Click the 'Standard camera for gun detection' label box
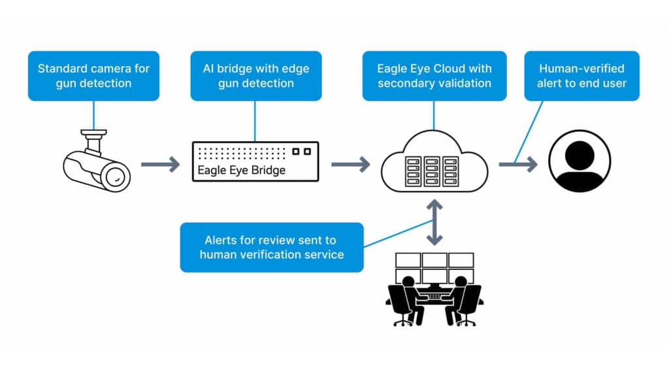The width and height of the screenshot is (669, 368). (93, 76)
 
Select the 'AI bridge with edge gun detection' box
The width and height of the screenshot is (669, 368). (255, 76)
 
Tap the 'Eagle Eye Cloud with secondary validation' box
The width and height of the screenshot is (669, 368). (434, 76)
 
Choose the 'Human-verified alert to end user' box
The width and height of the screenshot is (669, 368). (581, 76)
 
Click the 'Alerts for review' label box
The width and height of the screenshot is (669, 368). (272, 247)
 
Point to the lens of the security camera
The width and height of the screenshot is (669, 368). (116, 175)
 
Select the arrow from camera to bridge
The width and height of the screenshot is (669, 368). (160, 164)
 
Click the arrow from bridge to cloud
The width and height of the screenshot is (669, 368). (350, 164)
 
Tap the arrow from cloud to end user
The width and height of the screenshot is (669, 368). (517, 164)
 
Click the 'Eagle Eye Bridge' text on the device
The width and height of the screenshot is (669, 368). (241, 170)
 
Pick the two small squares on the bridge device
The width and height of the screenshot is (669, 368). (302, 152)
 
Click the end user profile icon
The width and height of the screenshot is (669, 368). (579, 161)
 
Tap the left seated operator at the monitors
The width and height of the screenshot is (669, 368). (407, 297)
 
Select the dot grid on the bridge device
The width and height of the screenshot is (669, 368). (242, 152)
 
